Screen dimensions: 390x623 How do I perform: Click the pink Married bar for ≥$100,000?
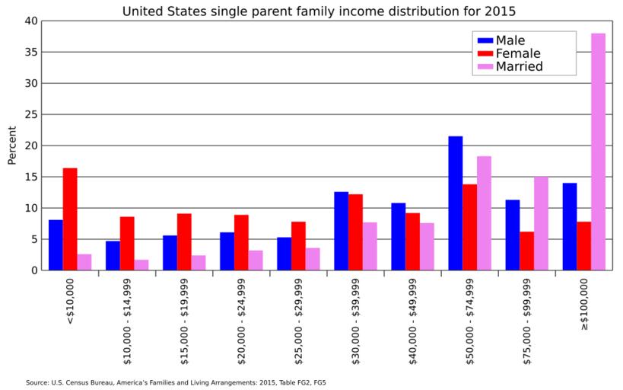[x=598, y=152]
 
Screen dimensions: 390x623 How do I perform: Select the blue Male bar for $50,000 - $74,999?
[x=455, y=203]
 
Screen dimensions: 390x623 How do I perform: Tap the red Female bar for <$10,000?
[x=70, y=219]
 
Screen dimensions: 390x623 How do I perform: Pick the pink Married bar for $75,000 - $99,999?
[x=541, y=223]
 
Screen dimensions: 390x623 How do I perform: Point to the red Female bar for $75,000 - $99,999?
[x=526, y=251]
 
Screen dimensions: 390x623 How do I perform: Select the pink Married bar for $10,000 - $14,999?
[x=141, y=265]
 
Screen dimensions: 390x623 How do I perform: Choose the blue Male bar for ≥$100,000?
[x=569, y=226]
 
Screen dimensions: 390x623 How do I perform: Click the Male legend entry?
[x=510, y=40]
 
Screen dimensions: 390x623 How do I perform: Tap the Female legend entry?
[x=517, y=53]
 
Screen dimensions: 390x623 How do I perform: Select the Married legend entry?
[x=519, y=66]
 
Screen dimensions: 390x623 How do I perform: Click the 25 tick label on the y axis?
[x=30, y=114]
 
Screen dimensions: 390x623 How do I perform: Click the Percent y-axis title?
[x=11, y=145]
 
